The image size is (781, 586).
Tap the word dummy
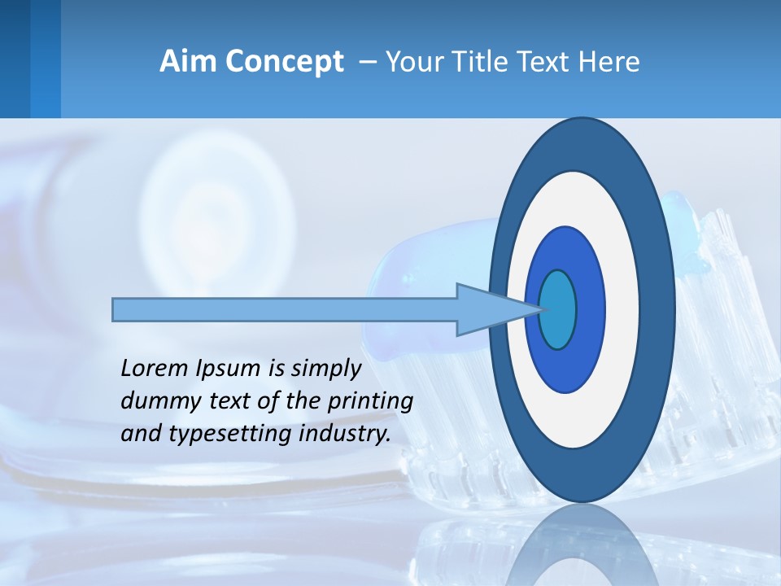click(x=155, y=402)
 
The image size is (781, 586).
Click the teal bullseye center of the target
click(x=558, y=309)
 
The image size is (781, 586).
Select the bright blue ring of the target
click(x=590, y=309)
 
